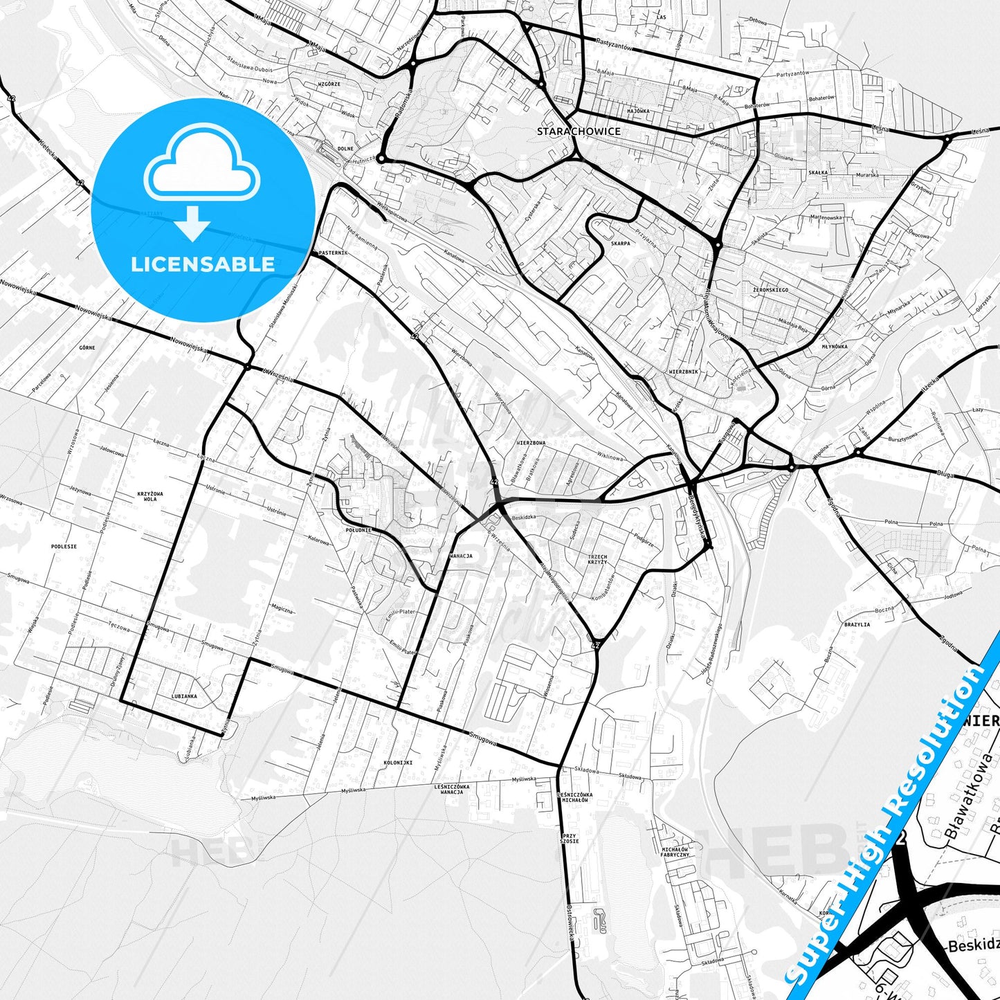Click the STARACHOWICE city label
[x=579, y=131]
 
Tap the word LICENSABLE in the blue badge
[x=203, y=264]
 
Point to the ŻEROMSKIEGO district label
[x=770, y=290]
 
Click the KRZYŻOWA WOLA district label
[x=150, y=496]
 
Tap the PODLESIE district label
[x=64, y=546]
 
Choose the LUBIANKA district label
[x=184, y=696]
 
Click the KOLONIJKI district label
[x=398, y=763]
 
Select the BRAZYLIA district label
[x=857, y=624]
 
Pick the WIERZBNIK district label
[x=684, y=372]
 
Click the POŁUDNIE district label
[x=358, y=529]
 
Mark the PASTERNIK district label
[x=332, y=253]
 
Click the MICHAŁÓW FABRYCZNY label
[x=675, y=852]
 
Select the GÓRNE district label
[x=87, y=347]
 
